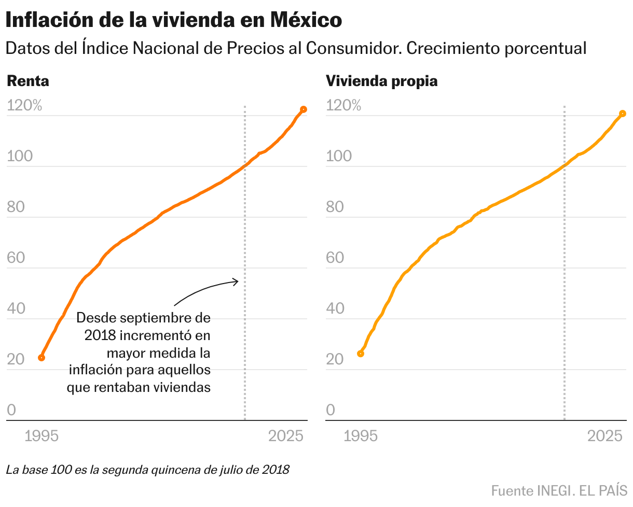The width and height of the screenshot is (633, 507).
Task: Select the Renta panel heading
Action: click(27, 81)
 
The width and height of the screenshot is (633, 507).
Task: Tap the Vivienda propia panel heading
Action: click(381, 81)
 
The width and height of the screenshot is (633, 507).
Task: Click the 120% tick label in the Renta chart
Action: click(24, 106)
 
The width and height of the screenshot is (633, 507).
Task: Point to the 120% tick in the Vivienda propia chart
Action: click(343, 106)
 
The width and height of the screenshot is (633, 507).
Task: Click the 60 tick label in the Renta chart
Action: click(16, 258)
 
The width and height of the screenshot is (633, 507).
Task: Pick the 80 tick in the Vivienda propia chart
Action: click(335, 207)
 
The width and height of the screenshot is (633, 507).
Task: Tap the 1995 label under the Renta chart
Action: click(42, 436)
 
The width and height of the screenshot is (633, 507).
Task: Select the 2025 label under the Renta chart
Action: click(286, 436)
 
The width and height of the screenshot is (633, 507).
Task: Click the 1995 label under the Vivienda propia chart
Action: click(361, 436)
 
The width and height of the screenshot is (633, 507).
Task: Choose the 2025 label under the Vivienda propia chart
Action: click(605, 436)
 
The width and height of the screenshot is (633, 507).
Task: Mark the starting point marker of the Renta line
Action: click(42, 358)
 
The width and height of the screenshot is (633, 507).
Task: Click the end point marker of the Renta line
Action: click(304, 109)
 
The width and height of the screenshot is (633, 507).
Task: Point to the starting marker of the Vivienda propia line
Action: click(361, 354)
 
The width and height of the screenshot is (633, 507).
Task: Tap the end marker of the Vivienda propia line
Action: click(623, 114)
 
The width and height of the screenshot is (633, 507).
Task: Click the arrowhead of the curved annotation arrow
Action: click(237, 281)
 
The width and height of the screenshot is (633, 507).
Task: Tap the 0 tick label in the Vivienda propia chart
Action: click(331, 411)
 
